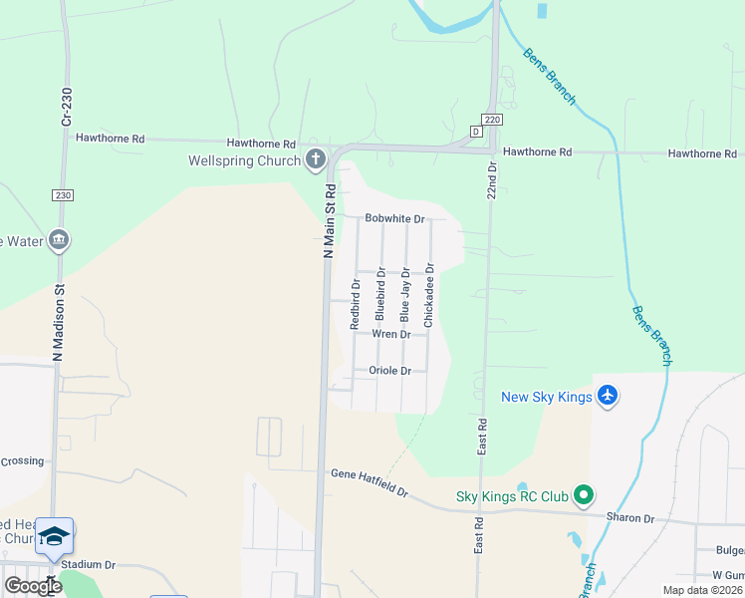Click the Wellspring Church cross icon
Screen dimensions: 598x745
click(316, 158)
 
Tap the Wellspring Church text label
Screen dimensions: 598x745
click(245, 160)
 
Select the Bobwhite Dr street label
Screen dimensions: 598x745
click(394, 218)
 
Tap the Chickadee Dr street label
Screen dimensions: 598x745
click(429, 295)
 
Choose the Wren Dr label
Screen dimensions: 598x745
click(390, 335)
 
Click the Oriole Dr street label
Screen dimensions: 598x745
click(389, 371)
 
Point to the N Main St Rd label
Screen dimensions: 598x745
click(328, 221)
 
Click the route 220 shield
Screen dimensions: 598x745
click(494, 119)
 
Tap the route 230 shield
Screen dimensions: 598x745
click(64, 195)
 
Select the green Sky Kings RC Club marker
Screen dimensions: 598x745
click(585, 494)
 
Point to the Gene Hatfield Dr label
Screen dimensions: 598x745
click(370, 483)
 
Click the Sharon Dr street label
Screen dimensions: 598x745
click(629, 518)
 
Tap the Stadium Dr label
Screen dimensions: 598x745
click(88, 564)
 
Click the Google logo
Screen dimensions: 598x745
click(34, 586)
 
